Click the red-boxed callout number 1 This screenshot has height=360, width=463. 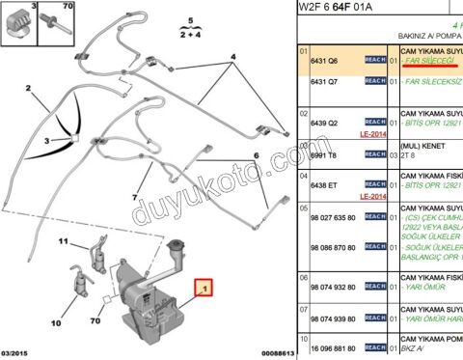pyautogui.click(x=203, y=287)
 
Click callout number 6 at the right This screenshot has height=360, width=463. pyautogui.click(x=257, y=155)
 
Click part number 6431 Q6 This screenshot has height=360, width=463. pyautogui.click(x=325, y=60)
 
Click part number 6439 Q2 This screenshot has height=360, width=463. pyautogui.click(x=326, y=124)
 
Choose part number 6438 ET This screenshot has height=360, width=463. pyautogui.click(x=326, y=181)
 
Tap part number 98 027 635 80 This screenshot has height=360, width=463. pyautogui.click(x=333, y=219)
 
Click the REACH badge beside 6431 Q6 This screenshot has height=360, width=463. pyautogui.click(x=376, y=60)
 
